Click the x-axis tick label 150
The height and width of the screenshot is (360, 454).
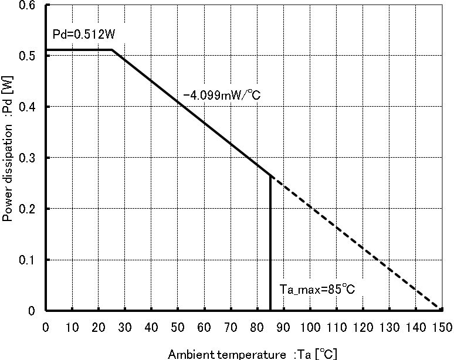pos(440,326)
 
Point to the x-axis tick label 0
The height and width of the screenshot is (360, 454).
pos(46,326)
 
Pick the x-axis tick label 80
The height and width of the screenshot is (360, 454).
pos(256,326)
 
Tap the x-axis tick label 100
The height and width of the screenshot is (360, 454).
pos(309,326)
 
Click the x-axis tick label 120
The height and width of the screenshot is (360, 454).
pos(361,326)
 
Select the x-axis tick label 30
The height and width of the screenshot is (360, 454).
pos(125,326)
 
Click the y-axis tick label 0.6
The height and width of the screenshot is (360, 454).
pos(27,5)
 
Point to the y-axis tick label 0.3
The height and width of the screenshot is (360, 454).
pos(27,158)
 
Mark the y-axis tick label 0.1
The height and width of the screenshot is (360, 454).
pos(27,260)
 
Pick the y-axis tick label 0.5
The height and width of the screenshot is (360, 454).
pos(27,56)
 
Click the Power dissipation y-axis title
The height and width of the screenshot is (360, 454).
pos(8,158)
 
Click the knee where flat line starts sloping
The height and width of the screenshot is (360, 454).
pos(112,50)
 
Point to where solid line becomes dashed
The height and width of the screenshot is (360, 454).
pos(270,175)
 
